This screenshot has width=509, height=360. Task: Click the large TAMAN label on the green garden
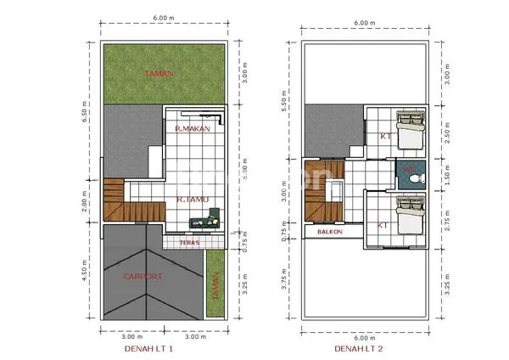[159, 73]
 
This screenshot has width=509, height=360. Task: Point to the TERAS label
[189, 242]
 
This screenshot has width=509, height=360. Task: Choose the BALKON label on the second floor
[329, 231]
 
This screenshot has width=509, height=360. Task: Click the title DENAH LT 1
[148, 349]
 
